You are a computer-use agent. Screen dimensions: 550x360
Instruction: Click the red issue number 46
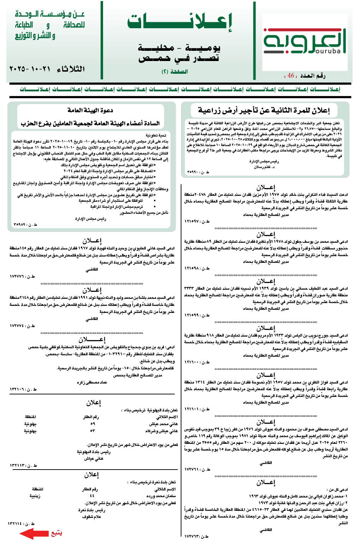(x=291, y=75)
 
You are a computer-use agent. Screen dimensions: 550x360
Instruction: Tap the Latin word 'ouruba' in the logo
(x=327, y=51)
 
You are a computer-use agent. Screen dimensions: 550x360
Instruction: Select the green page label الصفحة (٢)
(x=174, y=71)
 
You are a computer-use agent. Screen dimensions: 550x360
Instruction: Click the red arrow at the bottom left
(x=34, y=533)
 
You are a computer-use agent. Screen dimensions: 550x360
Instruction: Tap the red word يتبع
(x=56, y=533)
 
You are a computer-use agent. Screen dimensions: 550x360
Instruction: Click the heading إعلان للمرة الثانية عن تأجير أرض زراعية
(x=264, y=111)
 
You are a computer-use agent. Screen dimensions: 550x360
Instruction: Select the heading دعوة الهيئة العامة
(x=90, y=110)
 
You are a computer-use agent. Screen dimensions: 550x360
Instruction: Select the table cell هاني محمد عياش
(x=163, y=424)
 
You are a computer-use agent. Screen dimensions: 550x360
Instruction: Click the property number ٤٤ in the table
(x=92, y=496)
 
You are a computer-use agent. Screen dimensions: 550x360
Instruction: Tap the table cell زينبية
(x=35, y=496)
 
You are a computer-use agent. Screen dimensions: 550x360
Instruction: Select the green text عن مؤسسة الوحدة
(x=50, y=14)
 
